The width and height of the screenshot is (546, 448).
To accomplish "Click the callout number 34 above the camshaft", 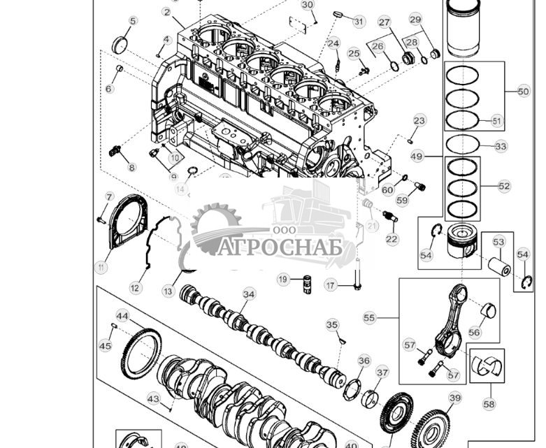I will [x=249, y=294].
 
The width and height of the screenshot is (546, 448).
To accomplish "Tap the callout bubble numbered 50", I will [x=524, y=92].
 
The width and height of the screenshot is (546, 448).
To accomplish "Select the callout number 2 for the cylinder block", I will [x=166, y=12].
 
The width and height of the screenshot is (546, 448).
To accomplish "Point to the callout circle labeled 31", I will [x=359, y=22].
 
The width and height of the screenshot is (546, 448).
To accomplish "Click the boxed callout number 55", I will [x=370, y=318].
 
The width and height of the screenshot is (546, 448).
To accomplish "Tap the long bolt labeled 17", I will [x=358, y=273].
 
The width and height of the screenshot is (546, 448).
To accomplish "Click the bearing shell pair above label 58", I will [x=487, y=365].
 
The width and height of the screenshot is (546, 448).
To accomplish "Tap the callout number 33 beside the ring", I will [x=501, y=147].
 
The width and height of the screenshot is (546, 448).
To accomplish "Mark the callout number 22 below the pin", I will [x=391, y=239].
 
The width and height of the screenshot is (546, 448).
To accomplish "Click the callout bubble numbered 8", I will [x=131, y=168].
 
